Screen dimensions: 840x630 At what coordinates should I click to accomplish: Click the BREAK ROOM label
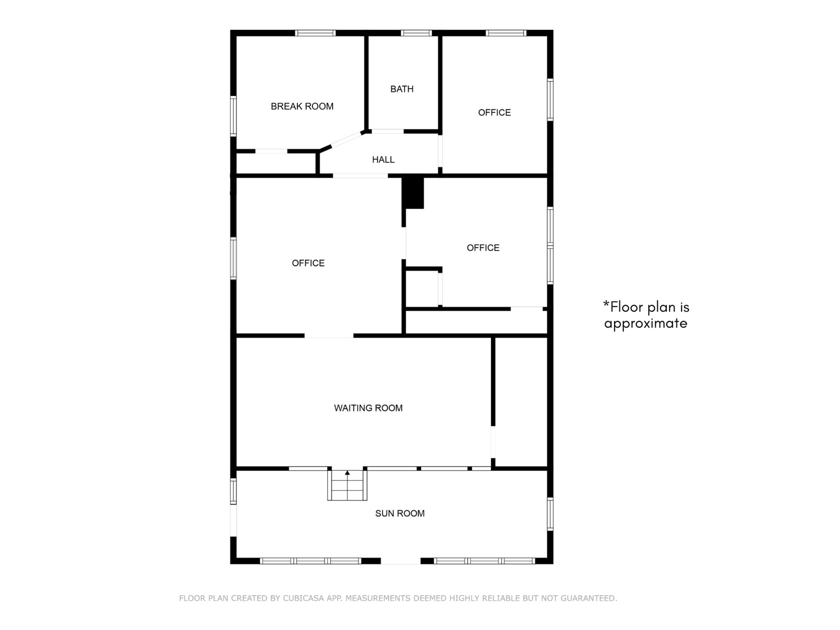click(x=302, y=106)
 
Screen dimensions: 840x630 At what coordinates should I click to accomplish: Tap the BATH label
click(x=402, y=89)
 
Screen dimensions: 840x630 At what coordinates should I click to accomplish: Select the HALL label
click(x=383, y=160)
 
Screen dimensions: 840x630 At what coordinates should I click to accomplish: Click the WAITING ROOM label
click(x=368, y=408)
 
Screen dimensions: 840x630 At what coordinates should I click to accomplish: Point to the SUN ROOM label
click(x=400, y=513)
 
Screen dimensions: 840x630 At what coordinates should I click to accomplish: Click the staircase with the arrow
click(x=347, y=485)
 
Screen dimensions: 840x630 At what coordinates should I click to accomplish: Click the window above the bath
click(x=416, y=33)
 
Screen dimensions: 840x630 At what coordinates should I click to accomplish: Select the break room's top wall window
click(x=315, y=33)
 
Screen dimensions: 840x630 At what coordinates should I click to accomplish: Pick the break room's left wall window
click(x=234, y=116)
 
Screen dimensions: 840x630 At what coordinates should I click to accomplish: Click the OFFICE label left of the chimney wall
click(x=308, y=263)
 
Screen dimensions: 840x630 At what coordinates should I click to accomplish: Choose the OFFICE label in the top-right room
click(x=494, y=113)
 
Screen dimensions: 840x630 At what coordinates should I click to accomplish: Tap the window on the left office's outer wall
click(x=234, y=258)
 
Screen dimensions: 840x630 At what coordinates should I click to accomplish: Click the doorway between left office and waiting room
click(x=329, y=336)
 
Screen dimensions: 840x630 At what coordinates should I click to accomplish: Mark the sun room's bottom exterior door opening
click(x=401, y=561)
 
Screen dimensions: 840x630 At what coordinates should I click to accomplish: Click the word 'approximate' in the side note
click(x=646, y=324)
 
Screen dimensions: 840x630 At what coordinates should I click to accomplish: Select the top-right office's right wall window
click(x=550, y=100)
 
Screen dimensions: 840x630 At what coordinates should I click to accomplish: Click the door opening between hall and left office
click(x=360, y=176)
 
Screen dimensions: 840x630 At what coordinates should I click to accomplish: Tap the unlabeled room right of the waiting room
click(x=521, y=402)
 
